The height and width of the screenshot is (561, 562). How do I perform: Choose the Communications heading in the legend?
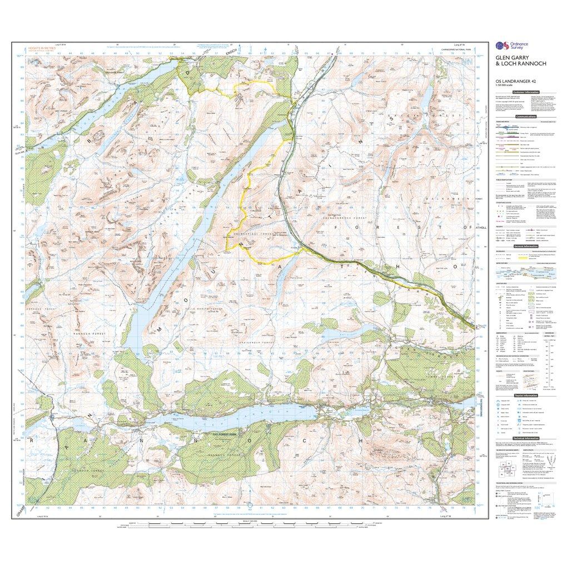coord(526,117)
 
